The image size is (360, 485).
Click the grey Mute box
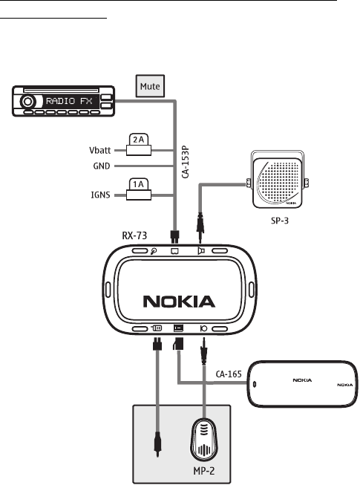pos(150,86)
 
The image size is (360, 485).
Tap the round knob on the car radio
pos(27,102)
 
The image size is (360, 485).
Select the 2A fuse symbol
pos(139,144)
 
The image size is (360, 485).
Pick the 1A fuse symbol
pos(139,189)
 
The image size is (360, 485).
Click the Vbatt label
pos(99,151)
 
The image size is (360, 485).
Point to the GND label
pos(102,166)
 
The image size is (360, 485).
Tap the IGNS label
pos(100,195)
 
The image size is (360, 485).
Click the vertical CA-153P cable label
pos(185,162)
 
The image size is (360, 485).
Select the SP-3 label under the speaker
pos(280,221)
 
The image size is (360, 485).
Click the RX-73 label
pos(134,235)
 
